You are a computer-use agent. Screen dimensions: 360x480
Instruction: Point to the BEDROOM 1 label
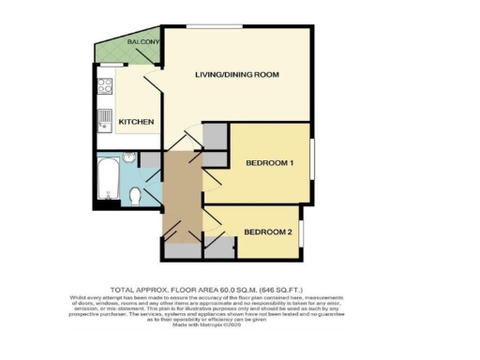click(270, 163)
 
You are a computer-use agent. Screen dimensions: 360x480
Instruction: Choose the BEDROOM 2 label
click(268, 232)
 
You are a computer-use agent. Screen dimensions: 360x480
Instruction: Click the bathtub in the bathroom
click(109, 181)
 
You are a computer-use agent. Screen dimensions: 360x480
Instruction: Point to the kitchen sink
click(104, 118)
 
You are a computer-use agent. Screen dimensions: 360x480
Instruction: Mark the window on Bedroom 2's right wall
click(302, 233)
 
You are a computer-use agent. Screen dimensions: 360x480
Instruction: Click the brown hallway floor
click(181, 192)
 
